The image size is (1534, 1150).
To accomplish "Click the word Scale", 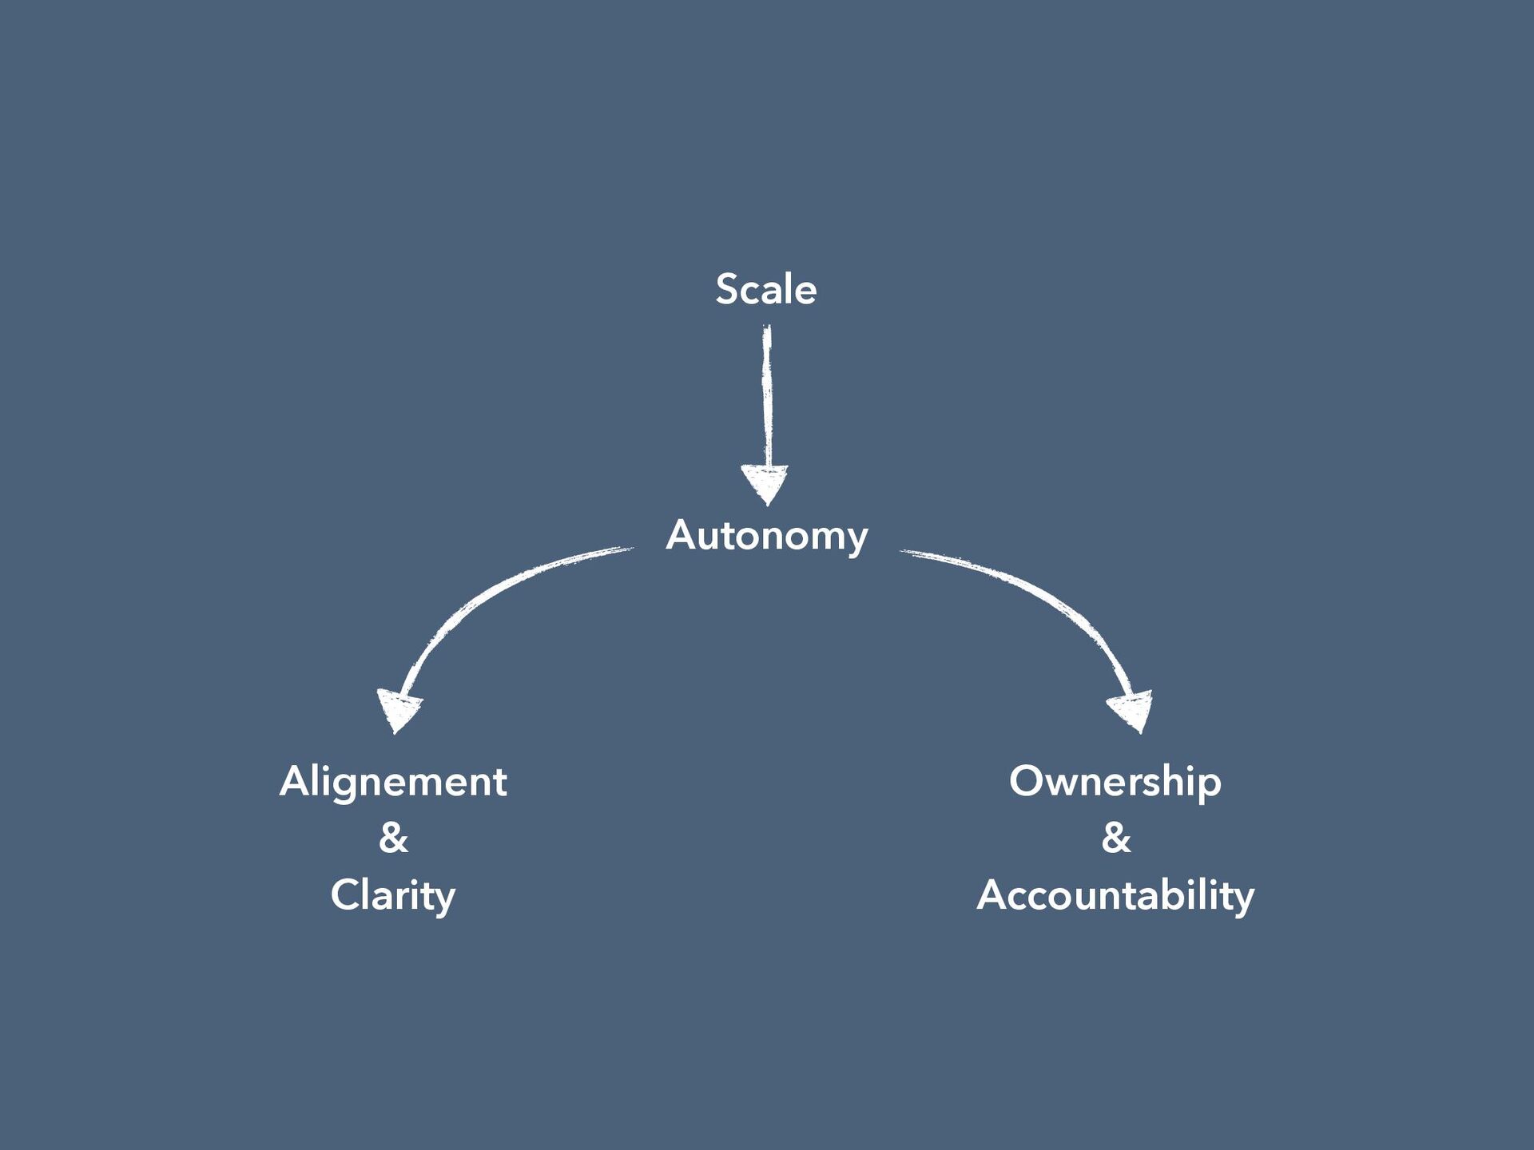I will pos(765,289).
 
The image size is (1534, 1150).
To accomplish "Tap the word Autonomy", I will pos(766,535).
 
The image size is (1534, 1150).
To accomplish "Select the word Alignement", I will pos(393,781).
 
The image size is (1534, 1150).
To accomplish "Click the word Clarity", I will pos(393,895).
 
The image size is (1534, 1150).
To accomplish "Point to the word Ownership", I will pos(1115,781).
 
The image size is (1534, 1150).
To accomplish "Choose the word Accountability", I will pos(1115,895).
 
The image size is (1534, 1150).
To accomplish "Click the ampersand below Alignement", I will pos(393,838).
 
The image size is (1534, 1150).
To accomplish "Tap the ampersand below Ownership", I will pos(1116,838).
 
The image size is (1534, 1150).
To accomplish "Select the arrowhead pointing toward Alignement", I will pos(398,710).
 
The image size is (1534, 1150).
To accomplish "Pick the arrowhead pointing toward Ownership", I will pos(1133,709).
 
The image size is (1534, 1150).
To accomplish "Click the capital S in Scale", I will pos(726,289).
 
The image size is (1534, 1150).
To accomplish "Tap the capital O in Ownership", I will pos(1026,781).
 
